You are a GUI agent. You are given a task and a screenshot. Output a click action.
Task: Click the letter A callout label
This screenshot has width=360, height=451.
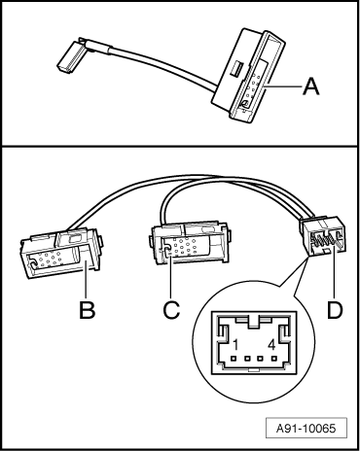[x=310, y=87]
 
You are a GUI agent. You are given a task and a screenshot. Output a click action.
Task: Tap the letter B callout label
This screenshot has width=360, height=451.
[x=88, y=310]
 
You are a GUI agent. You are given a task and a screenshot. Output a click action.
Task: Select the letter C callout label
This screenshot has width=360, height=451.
[x=171, y=310]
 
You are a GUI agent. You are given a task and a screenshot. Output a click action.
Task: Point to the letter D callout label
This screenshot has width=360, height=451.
[x=335, y=310]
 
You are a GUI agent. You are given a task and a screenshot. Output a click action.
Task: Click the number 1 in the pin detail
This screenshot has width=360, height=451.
[x=235, y=345]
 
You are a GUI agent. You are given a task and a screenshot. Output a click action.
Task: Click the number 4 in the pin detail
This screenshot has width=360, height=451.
[x=272, y=345]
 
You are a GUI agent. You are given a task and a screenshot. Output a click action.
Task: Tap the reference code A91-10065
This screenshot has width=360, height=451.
[x=306, y=429]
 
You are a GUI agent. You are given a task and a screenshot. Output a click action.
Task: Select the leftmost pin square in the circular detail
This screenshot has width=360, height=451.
[x=234, y=359]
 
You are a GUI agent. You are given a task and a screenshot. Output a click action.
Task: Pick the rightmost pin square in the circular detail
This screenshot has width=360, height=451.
[x=274, y=359]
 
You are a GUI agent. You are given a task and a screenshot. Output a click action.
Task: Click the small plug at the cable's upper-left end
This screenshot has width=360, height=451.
[x=70, y=56]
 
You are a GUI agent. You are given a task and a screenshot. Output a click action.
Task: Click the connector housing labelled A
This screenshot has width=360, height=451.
[x=247, y=76]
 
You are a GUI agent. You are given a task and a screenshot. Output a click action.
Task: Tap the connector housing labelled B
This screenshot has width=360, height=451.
[x=61, y=254]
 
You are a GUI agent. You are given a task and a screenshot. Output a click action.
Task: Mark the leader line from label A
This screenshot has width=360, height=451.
[x=282, y=87]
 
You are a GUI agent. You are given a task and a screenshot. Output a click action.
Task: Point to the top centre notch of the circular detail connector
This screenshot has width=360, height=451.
[x=254, y=323]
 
